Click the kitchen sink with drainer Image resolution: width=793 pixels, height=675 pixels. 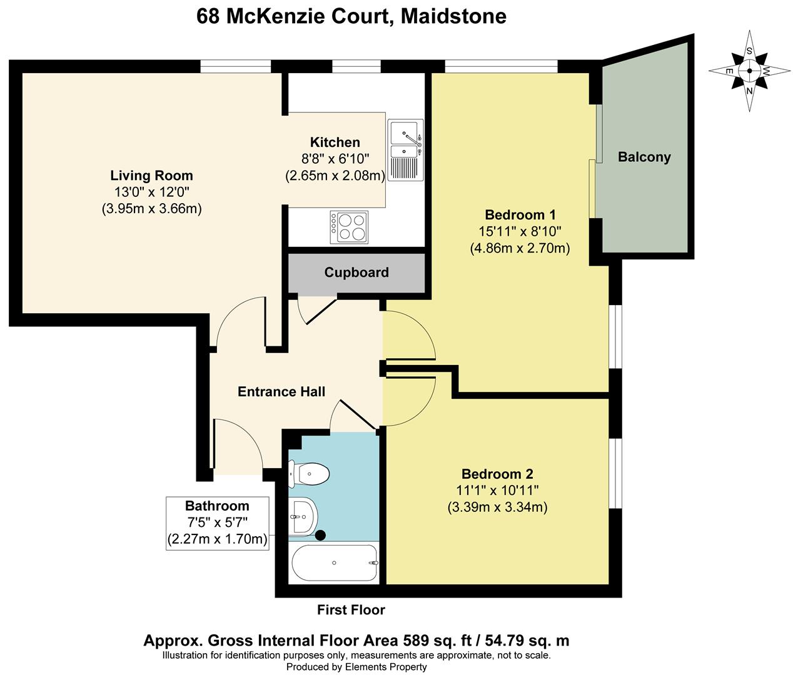(x=405, y=149)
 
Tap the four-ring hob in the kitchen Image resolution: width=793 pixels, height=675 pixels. (x=349, y=227)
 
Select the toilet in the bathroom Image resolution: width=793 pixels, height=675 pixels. (x=308, y=474)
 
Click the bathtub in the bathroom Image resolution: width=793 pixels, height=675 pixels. (x=334, y=562)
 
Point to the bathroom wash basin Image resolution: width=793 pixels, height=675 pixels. (x=303, y=517)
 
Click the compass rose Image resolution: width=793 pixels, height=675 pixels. (x=749, y=71)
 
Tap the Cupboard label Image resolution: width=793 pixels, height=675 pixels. (x=356, y=272)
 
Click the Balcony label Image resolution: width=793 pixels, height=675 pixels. (x=644, y=157)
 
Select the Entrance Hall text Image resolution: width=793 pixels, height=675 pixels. (x=281, y=392)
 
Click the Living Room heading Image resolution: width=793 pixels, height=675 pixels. (x=151, y=175)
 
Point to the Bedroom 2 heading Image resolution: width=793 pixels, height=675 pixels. (x=497, y=474)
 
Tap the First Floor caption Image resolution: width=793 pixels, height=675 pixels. (x=351, y=610)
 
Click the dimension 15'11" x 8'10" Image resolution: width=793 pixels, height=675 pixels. (x=520, y=231)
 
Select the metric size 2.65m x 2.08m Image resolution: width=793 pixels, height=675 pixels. (x=335, y=176)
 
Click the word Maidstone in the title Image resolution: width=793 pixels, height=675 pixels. (x=454, y=16)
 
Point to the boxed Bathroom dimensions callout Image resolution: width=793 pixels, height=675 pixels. (x=217, y=523)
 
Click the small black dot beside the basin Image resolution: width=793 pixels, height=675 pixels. (x=320, y=535)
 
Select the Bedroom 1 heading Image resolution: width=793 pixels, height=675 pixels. (x=520, y=215)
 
